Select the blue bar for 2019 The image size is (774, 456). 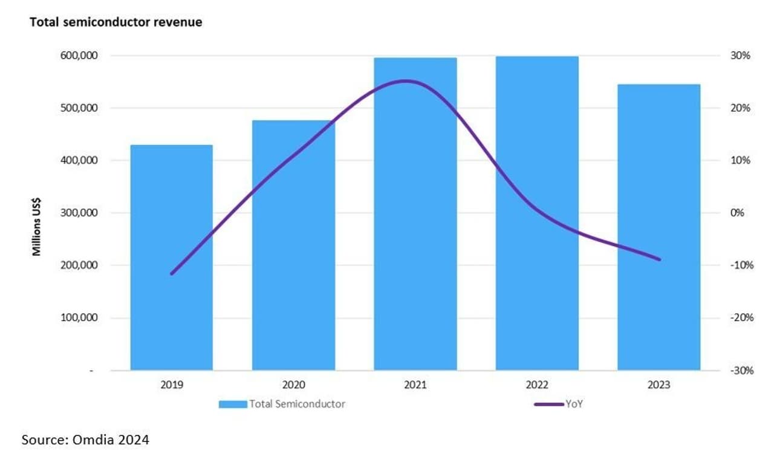pos(171,257)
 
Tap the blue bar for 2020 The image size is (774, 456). pos(293,245)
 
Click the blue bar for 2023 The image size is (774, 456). pos(659,227)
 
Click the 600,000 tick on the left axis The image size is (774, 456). pos(80,56)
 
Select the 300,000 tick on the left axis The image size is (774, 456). pos(80,213)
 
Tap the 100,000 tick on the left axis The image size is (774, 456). pos(80,318)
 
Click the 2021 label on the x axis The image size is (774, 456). pos(415,385)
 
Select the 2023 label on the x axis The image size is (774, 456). pos(659,385)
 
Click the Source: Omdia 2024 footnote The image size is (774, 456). pos(85,440)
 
